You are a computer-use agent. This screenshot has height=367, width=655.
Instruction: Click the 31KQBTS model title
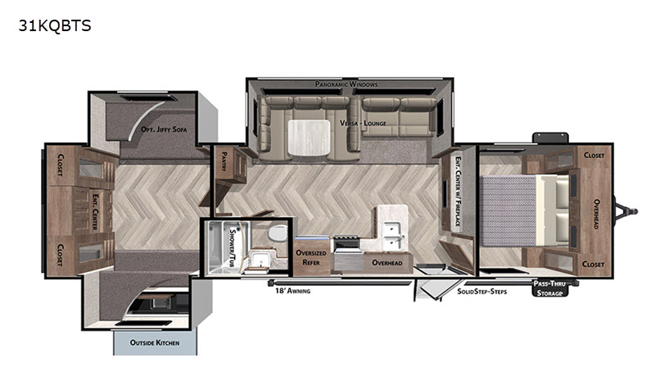[x=55, y=26]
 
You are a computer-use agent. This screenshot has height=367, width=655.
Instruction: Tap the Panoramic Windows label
[x=346, y=84]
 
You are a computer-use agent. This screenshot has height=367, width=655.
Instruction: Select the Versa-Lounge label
[x=363, y=123]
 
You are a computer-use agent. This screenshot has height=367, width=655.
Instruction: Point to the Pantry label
[x=224, y=161]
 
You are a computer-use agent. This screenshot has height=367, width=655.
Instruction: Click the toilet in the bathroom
[x=278, y=233]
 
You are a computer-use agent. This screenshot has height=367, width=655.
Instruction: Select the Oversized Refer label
[x=311, y=257]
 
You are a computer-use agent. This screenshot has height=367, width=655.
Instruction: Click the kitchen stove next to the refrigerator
[x=346, y=242]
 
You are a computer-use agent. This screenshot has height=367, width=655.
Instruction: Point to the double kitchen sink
[x=392, y=235]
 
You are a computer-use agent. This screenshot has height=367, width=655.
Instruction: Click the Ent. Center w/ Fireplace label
[x=458, y=192]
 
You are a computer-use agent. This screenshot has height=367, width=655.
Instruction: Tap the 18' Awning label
[x=292, y=291]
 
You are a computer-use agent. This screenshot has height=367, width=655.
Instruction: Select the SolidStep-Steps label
[x=481, y=292]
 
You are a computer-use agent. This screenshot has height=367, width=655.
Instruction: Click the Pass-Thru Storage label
[x=549, y=288]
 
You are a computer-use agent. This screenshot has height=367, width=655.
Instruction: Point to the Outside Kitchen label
[x=155, y=342]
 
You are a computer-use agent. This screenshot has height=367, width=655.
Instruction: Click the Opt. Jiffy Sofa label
[x=164, y=129]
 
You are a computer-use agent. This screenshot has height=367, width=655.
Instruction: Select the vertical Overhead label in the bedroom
[x=597, y=214]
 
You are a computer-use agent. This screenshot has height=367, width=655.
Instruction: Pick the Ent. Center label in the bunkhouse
[x=95, y=211]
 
